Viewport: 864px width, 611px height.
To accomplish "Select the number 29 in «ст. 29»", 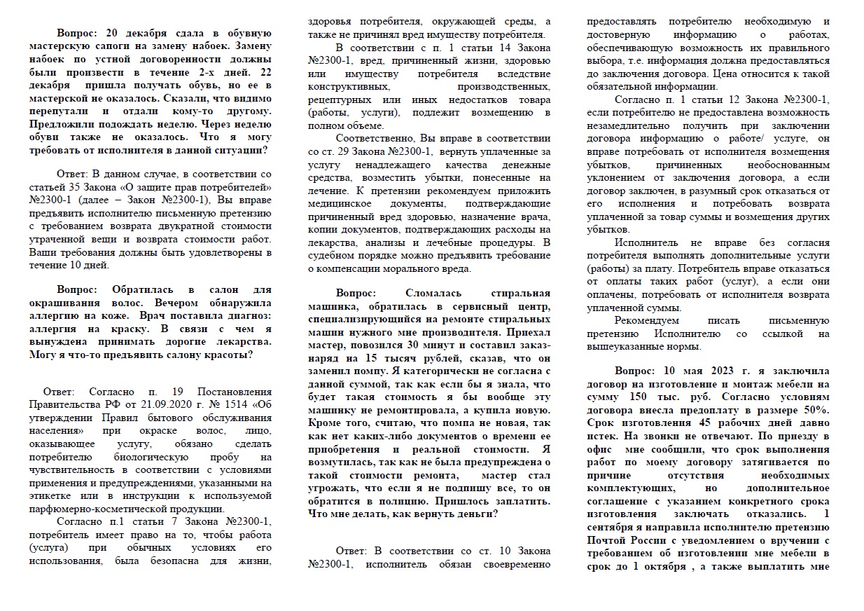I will (x=356, y=151).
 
